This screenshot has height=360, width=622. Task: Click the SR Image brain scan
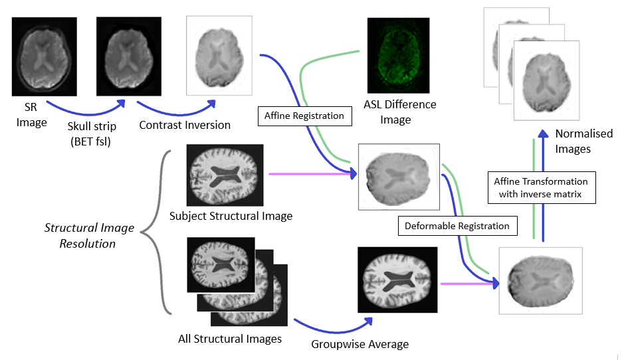click(46, 56)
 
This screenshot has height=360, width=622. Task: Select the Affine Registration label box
click(304, 116)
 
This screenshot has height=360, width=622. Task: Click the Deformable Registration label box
click(458, 226)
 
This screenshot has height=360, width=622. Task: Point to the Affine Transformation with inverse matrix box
click(540, 187)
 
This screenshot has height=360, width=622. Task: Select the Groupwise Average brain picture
click(397, 280)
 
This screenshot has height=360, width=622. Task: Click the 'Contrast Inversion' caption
click(185, 125)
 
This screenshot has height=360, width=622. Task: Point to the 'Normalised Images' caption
click(574, 141)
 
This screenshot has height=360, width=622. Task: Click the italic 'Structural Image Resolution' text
click(89, 236)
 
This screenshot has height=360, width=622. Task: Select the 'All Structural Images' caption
click(230, 339)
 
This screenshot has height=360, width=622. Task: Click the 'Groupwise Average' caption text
click(360, 344)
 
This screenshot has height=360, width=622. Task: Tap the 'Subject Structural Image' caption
click(231, 216)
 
